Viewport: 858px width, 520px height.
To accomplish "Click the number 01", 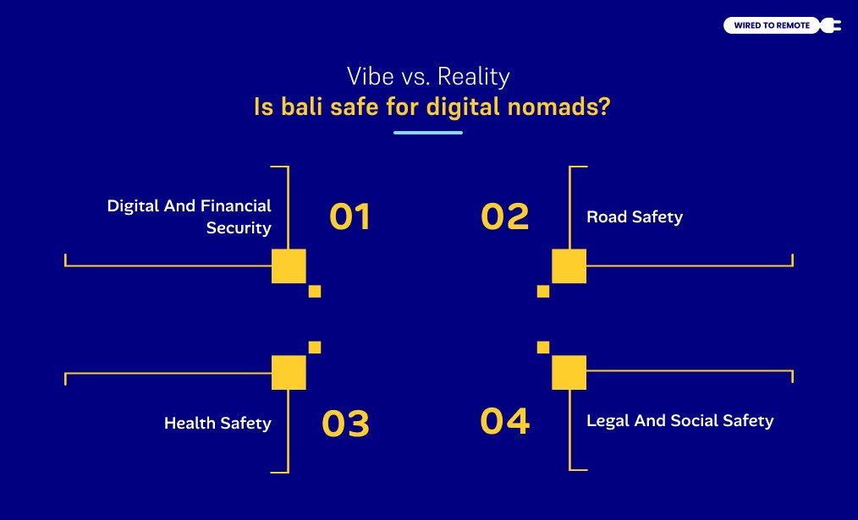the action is coord(349,216).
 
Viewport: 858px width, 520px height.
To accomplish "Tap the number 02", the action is coord(504,216).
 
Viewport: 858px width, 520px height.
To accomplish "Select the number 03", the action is coord(346,424).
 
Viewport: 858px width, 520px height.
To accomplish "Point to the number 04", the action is coord(504,421).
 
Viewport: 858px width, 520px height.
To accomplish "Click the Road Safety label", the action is coord(635,217).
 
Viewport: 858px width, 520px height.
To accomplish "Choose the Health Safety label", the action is coord(217,424).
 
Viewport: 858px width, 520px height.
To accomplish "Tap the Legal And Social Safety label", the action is coord(680,420).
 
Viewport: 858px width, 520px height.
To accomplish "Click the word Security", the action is coord(239,228).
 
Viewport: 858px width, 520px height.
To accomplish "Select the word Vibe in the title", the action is coord(371,76).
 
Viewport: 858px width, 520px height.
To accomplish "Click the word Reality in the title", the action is coord(474,77).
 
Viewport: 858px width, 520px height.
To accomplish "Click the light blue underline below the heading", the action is coord(428,132).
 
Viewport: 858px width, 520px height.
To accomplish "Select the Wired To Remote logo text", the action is coord(772,25).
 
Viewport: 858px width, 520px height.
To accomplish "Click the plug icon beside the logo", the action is coord(830,25).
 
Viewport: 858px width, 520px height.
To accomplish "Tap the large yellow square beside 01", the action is coord(289,266).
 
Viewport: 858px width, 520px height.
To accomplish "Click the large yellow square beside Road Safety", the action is coord(569,266).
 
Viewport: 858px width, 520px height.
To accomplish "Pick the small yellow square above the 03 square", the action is coord(315,348).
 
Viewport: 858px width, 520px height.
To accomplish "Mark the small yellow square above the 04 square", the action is coord(543,348).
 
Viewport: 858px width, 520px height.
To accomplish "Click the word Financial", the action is coord(236,205).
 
